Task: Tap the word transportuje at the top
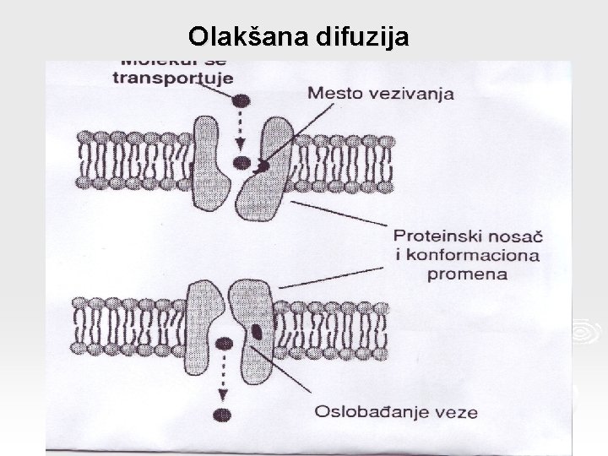point(161,77)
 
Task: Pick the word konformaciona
point(467,255)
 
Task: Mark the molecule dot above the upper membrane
point(242,100)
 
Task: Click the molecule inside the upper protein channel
point(242,163)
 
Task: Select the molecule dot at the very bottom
point(223,414)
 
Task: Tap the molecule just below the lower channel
point(224,343)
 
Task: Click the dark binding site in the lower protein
point(256,328)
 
